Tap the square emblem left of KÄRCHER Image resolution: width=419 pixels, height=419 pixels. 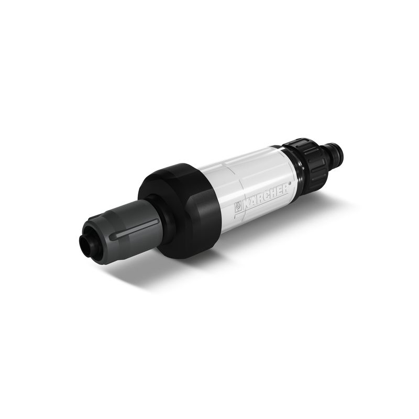pos(238,205)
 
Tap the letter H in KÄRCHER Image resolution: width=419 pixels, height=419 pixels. pos(273,191)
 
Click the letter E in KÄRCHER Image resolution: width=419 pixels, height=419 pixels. pos(279,189)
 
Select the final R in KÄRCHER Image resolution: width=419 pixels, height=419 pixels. pos(285,186)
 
